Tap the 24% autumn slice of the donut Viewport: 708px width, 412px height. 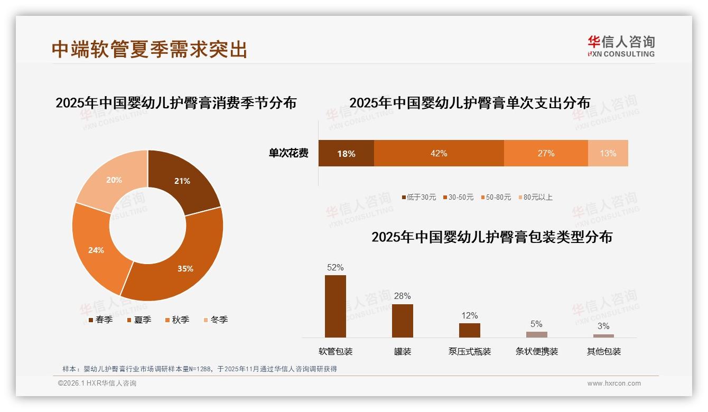[98, 248]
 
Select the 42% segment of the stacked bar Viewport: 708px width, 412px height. [439, 153]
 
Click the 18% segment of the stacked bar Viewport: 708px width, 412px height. [346, 153]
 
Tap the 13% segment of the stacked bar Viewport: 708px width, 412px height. [608, 153]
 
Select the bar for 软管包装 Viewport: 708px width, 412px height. [336, 306]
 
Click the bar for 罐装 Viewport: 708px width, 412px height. [403, 321]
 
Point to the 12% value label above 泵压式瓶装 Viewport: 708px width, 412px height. [469, 316]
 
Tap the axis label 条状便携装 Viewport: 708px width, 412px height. [536, 351]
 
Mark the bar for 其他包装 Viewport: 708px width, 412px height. [603, 335]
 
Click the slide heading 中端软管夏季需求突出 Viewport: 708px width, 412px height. [150, 49]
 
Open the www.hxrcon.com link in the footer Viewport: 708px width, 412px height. [614, 383]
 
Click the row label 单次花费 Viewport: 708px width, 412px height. [288, 153]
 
